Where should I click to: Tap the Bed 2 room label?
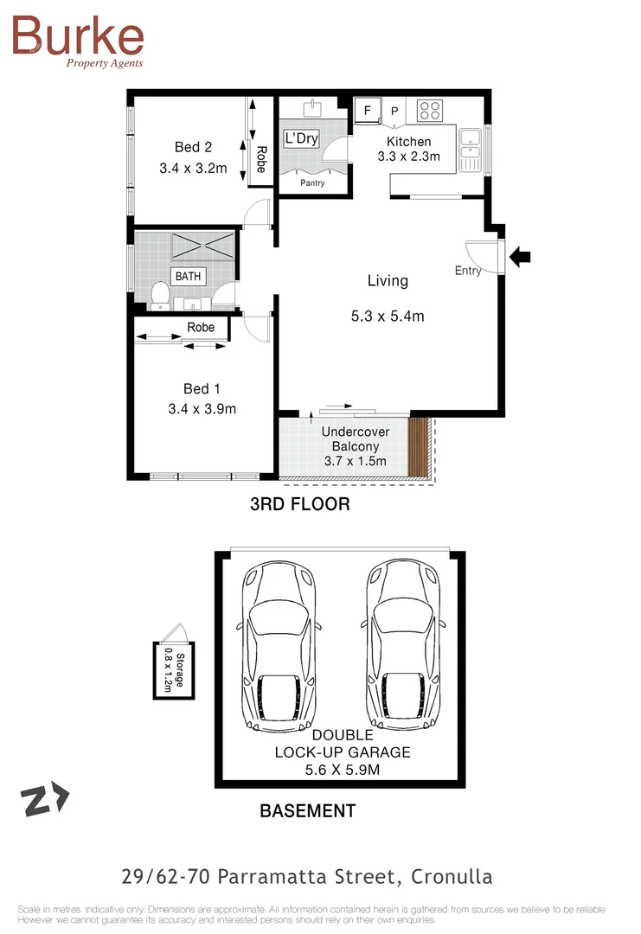193,147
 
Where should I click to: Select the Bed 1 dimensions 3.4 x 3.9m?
202,409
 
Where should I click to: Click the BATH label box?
188,276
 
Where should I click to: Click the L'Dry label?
301,138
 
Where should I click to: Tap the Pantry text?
312,183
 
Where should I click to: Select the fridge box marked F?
367,112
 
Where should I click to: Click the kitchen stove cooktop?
430,111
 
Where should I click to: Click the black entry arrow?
521,256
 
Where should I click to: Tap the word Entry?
468,271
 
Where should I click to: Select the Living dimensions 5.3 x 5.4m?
388,317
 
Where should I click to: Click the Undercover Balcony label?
355,438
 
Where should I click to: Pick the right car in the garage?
403,645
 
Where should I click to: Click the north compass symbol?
46,800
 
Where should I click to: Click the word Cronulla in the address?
451,877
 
